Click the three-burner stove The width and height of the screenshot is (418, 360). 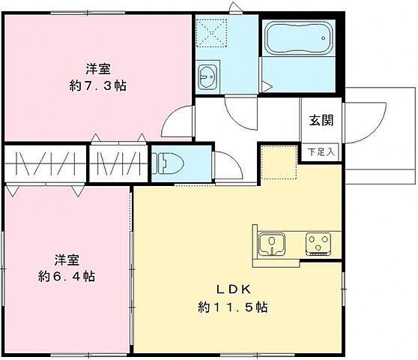coord(319,243)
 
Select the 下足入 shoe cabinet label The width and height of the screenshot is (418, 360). coord(322,151)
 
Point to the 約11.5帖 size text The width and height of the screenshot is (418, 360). coord(233,307)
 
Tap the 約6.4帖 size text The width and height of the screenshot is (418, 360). coord(67,276)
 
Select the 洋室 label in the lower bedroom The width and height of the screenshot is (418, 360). coord(67,259)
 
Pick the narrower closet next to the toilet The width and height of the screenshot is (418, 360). coord(117,163)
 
